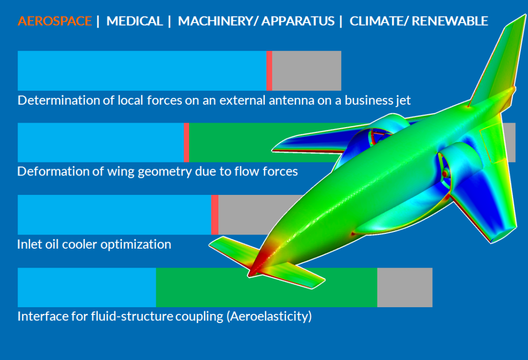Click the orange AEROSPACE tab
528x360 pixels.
pos(54,21)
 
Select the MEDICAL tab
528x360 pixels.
pos(134,21)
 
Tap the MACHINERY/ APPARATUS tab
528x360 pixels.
pos(256,21)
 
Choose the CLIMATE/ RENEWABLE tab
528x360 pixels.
pos(419,21)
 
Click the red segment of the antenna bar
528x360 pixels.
pos(269,71)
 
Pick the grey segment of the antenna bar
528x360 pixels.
pos(307,71)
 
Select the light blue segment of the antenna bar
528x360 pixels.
pos(142,71)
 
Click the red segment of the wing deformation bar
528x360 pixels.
pos(186,143)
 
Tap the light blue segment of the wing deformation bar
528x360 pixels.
pos(100,143)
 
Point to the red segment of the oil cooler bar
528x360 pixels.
pos(214,214)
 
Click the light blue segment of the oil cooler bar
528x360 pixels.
pos(114,214)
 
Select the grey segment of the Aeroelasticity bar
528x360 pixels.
pos(405,287)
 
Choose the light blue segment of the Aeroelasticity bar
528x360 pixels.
pos(87,287)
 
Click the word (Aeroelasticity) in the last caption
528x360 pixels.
pos(269,316)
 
